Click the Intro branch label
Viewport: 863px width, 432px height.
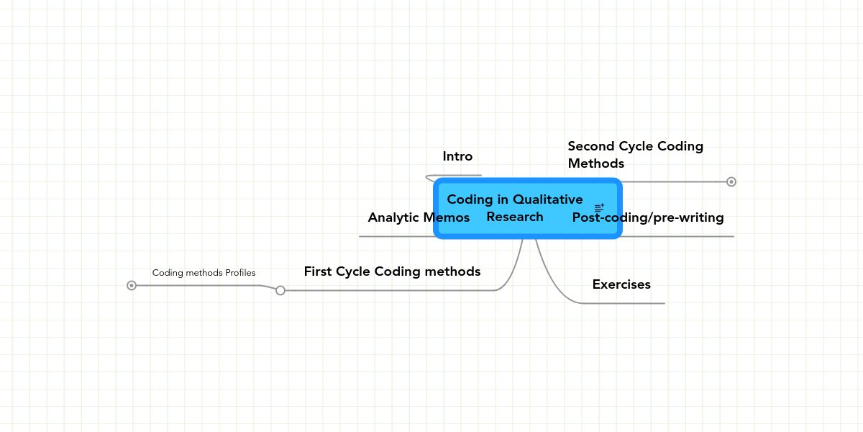pos(457,156)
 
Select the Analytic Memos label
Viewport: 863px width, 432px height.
pos(419,217)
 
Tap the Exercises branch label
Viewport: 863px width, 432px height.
pos(621,284)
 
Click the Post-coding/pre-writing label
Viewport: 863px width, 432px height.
pos(648,217)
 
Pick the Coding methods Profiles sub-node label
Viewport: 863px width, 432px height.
pos(204,273)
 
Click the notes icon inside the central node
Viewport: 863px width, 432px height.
pos(599,208)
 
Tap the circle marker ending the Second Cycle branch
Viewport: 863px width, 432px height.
pos(731,181)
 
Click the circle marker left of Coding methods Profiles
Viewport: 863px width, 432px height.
pos(132,285)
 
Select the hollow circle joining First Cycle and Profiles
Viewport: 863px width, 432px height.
pos(280,290)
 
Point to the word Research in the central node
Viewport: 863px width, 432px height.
pos(515,217)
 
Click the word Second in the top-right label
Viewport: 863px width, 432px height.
pos(591,146)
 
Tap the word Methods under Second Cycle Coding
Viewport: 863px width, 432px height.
pos(596,163)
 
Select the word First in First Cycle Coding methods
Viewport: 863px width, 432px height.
pos(318,271)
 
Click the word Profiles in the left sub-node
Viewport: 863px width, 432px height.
pos(240,273)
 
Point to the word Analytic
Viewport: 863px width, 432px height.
pos(394,218)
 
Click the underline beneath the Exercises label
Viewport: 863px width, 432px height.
pos(624,304)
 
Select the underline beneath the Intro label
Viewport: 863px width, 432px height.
pos(454,176)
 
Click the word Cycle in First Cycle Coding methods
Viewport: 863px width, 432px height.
pos(353,272)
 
